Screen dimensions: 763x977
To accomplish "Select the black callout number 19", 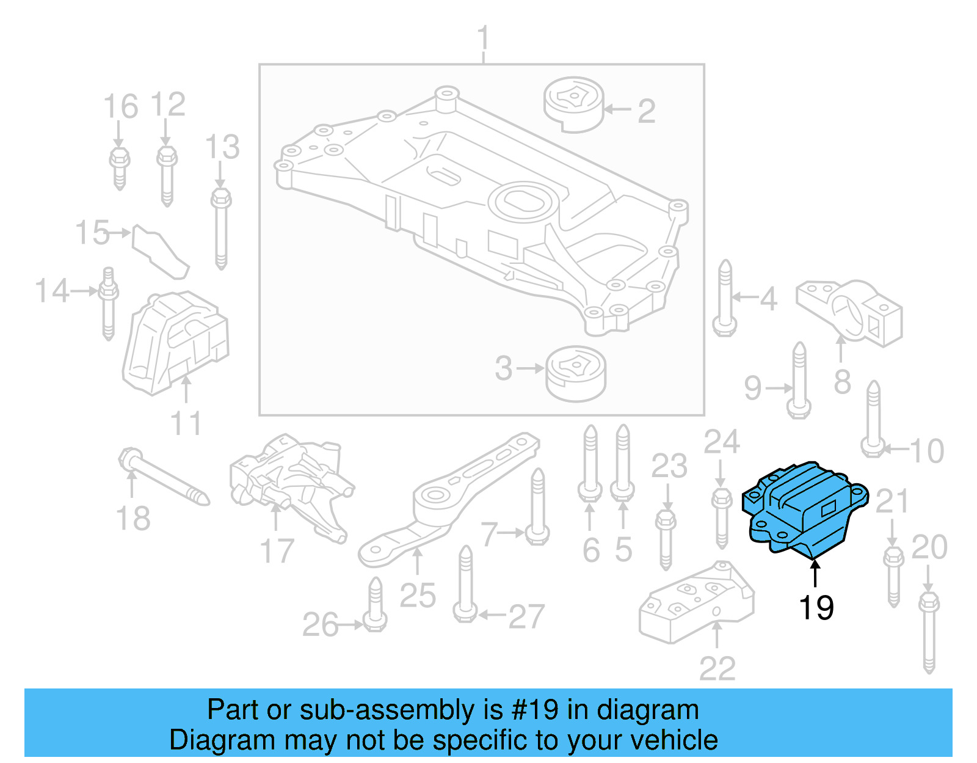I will (816, 608).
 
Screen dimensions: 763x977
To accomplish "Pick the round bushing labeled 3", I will (576, 373).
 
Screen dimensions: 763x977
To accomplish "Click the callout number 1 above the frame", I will (483, 38).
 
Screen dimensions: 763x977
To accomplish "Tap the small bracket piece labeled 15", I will (159, 251).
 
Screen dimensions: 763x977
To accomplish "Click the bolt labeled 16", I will (120, 168).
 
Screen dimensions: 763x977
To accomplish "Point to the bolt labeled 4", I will (725, 299).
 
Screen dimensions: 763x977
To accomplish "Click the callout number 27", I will (526, 616).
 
